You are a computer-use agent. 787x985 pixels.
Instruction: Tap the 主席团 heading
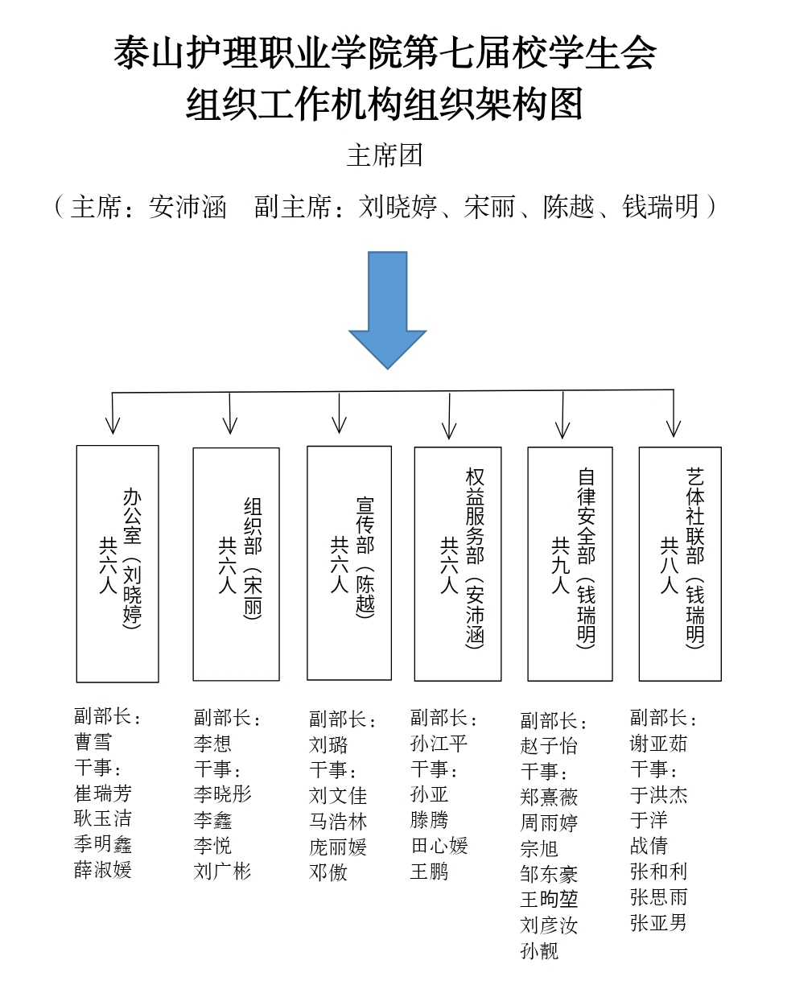385,155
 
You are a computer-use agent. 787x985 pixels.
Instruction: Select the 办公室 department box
117,563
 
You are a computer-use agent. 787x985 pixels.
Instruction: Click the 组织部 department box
236,564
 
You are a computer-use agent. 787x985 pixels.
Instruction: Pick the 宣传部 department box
349,563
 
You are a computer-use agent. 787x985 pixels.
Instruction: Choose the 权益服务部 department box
458,563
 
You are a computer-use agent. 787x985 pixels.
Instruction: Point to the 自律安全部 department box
570,563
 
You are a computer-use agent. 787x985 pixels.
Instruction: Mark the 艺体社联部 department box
680,563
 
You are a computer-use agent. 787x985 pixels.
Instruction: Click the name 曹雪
93,742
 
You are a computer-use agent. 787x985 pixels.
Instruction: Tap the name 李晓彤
223,794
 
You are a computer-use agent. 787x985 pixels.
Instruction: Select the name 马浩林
338,822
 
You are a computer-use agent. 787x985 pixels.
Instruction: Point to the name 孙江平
439,743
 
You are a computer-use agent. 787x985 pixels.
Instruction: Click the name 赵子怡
549,745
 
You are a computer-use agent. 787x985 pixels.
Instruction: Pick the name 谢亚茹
658,744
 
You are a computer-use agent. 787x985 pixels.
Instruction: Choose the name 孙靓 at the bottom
539,951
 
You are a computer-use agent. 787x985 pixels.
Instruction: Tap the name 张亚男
658,922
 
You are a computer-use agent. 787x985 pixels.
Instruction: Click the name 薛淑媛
103,870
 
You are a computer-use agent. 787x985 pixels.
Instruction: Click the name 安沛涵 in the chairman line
187,208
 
